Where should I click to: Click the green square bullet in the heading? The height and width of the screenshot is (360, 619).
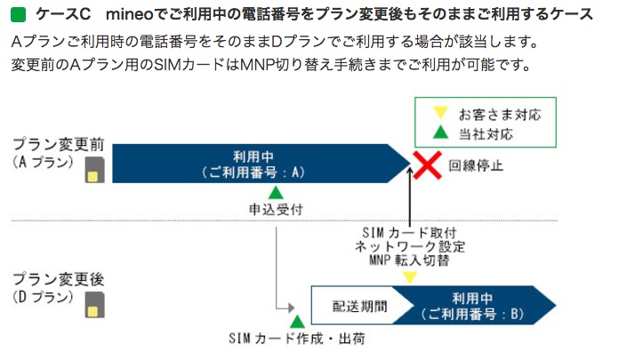[17, 15]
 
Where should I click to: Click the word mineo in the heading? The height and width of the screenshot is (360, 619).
[129, 15]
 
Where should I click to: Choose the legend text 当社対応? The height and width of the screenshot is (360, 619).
[486, 134]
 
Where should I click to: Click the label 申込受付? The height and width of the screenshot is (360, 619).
[277, 211]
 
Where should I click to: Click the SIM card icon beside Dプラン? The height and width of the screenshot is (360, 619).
[92, 307]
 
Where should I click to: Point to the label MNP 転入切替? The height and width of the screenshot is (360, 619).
[408, 260]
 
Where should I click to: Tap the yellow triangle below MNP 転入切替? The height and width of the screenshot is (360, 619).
[408, 276]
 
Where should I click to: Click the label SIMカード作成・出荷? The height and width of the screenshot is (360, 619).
[296, 339]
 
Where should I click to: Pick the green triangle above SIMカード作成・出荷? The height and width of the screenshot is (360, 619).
[296, 320]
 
